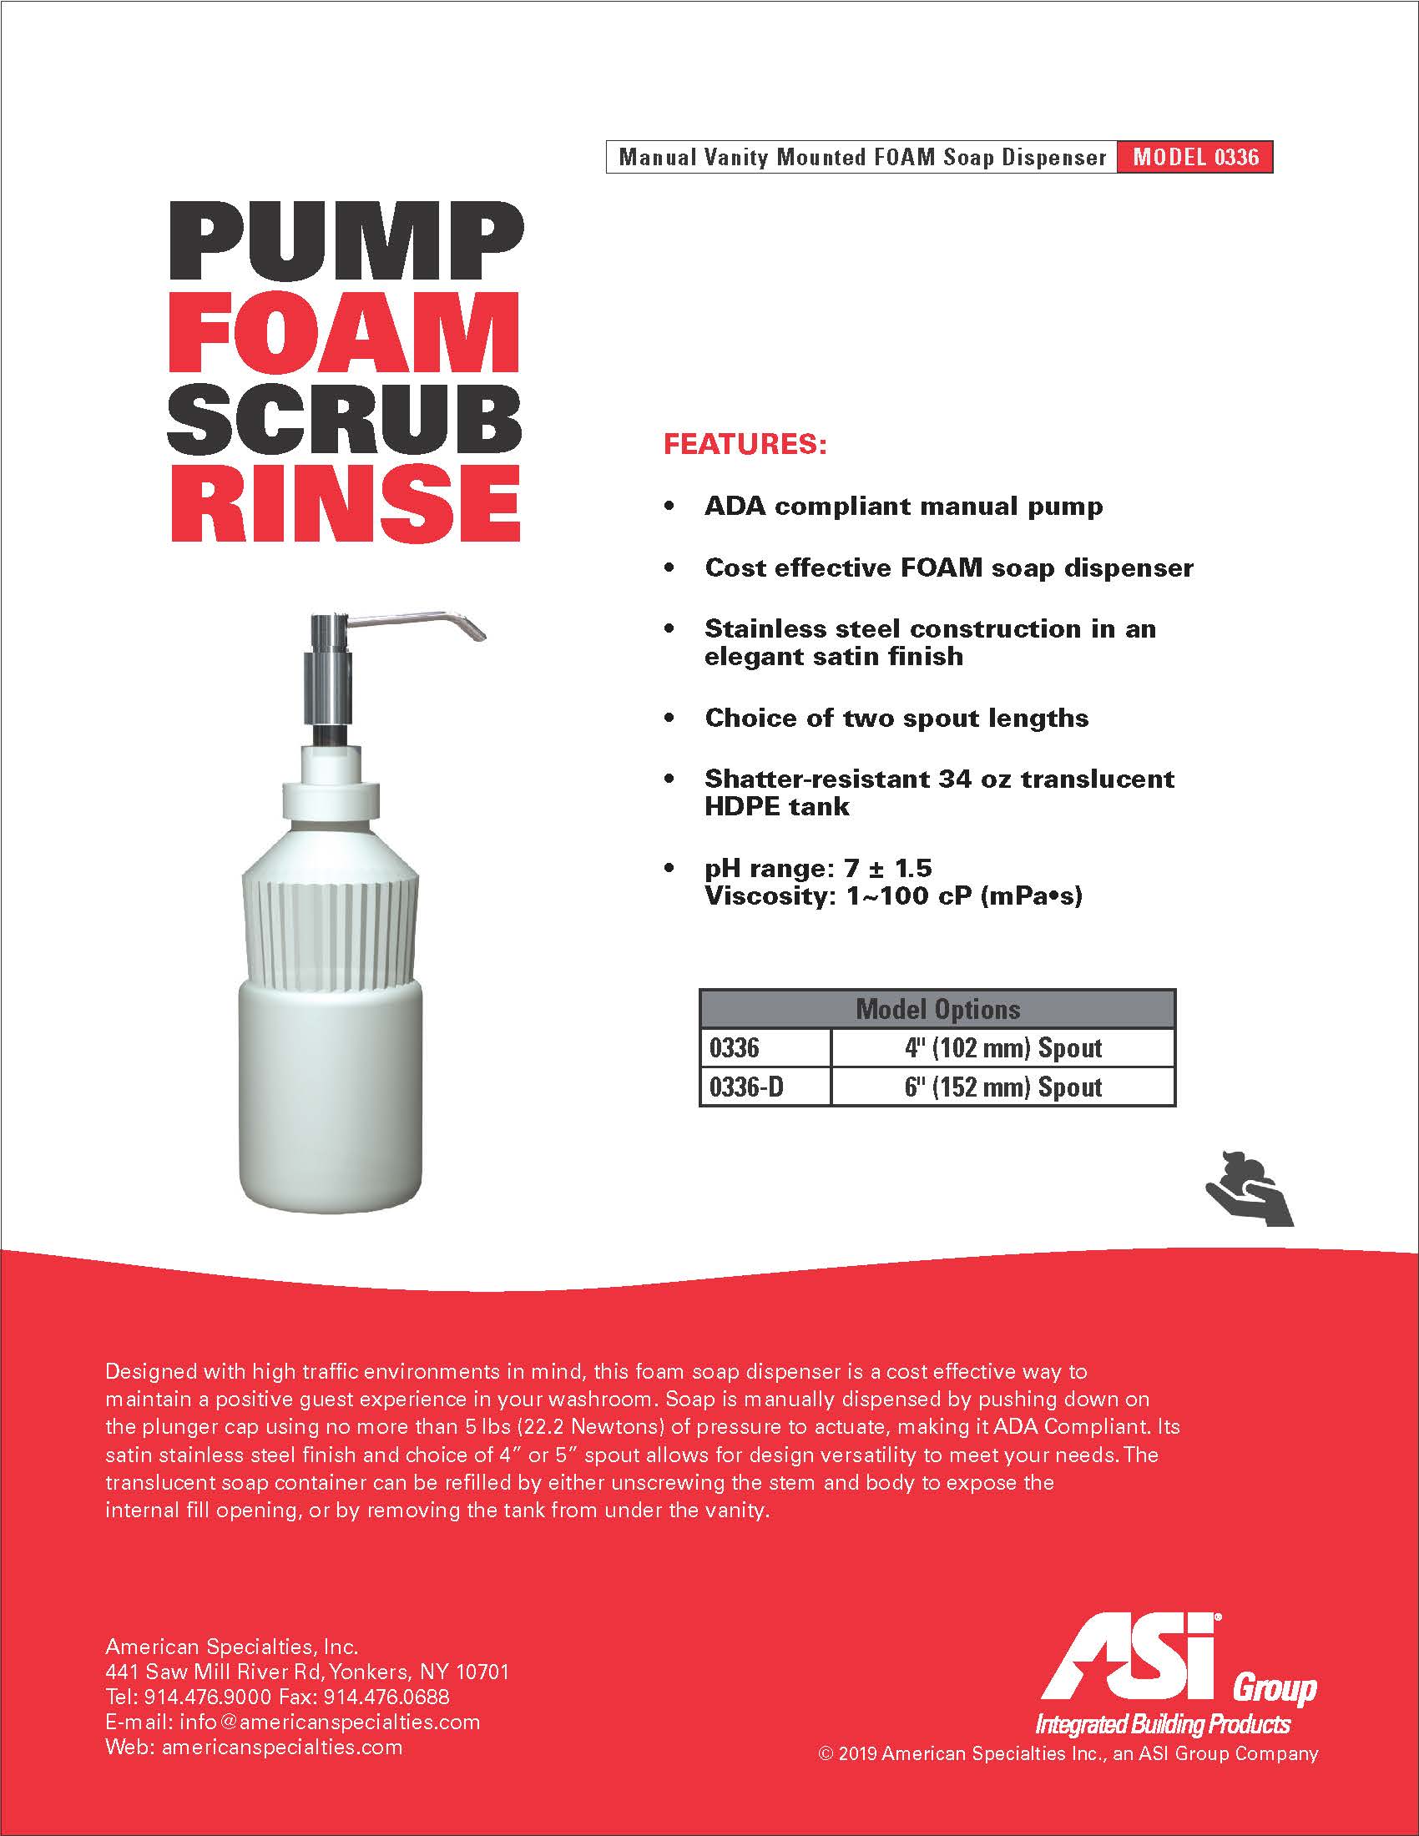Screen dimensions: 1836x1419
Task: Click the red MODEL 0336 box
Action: (1194, 157)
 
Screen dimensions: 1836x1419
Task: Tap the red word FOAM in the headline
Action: (344, 332)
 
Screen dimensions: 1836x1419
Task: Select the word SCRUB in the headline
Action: (345, 420)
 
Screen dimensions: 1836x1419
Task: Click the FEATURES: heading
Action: (745, 444)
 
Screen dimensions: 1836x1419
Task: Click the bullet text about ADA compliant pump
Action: (904, 506)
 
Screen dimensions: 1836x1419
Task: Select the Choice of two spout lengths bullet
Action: (896, 718)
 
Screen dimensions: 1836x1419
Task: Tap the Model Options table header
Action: (937, 1009)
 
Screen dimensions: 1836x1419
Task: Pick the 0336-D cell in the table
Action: (746, 1087)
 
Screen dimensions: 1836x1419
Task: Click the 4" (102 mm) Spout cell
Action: (1002, 1048)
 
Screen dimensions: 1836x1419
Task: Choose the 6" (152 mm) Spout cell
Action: (1002, 1087)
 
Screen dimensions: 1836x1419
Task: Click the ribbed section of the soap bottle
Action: (331, 929)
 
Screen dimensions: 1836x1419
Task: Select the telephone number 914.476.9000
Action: (208, 1697)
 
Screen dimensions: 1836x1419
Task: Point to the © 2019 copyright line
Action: (1068, 1753)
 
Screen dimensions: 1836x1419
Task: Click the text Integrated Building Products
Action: (1163, 1725)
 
